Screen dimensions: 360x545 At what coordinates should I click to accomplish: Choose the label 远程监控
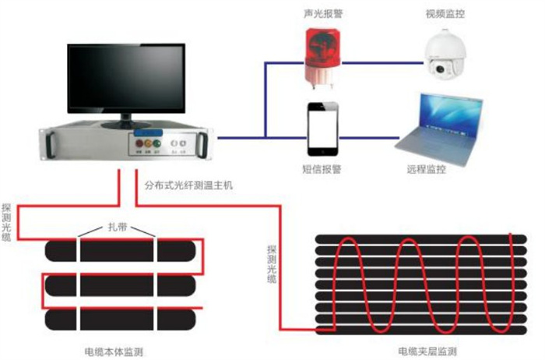(427, 168)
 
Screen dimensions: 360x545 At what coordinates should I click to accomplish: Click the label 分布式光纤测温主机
(189, 185)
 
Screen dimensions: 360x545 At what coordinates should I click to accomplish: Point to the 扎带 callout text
(117, 228)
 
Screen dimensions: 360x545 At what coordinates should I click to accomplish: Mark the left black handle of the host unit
(51, 145)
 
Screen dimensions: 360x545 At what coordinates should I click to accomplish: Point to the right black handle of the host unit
(204, 144)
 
